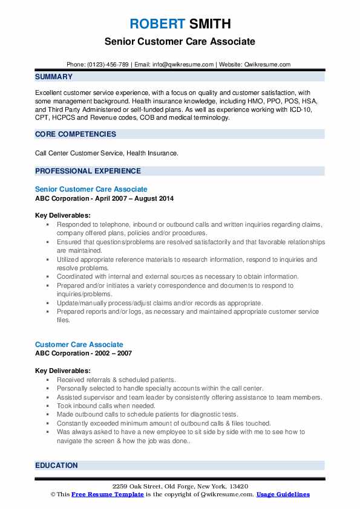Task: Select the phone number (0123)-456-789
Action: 108,65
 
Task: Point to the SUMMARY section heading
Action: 54,77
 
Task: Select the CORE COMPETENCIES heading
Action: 76,134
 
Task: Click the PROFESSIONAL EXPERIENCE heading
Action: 88,171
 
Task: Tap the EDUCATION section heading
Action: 57,465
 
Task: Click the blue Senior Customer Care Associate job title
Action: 91,189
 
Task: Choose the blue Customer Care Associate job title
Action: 79,345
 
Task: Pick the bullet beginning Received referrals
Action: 108,380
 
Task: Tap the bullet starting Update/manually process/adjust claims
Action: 160,303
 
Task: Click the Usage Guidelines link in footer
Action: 283,494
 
